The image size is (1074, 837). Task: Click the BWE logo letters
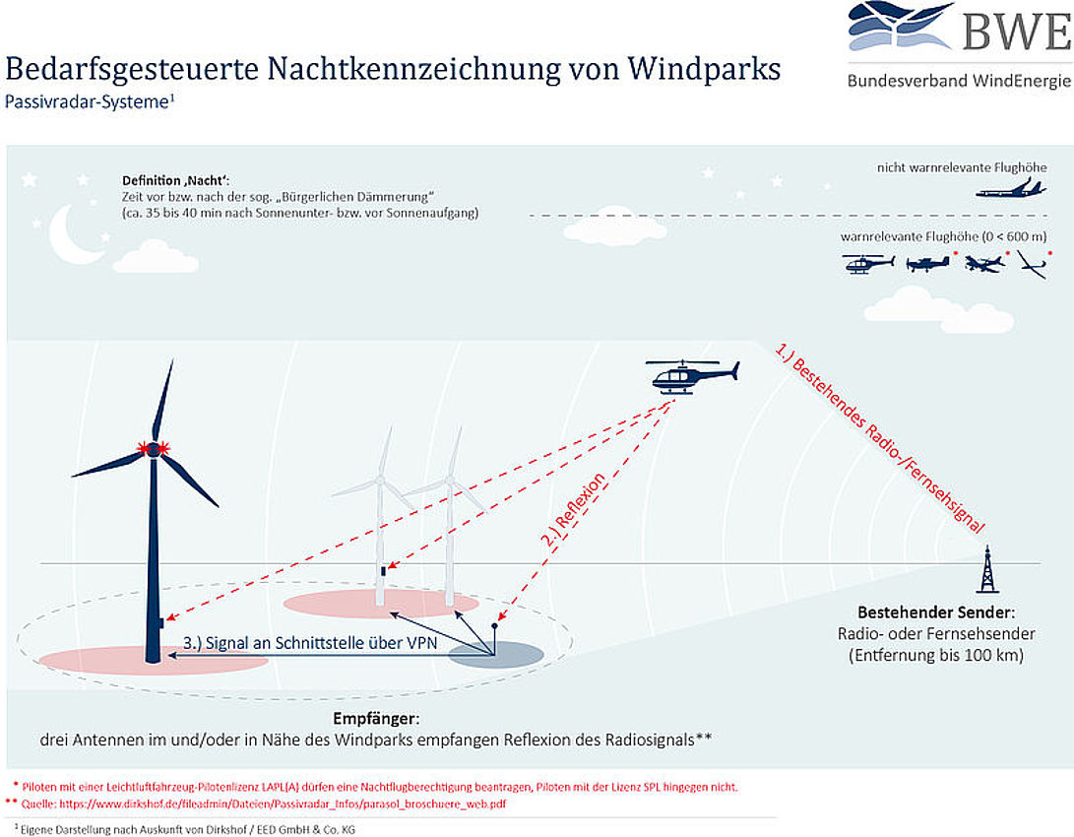(1015, 32)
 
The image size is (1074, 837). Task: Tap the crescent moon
(74, 235)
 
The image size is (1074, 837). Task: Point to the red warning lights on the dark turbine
(155, 449)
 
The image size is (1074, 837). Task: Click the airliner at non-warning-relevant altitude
(1010, 188)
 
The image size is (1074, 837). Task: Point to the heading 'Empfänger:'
(377, 718)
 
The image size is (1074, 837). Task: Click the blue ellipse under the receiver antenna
(495, 655)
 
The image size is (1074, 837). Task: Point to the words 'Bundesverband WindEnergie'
(959, 81)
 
